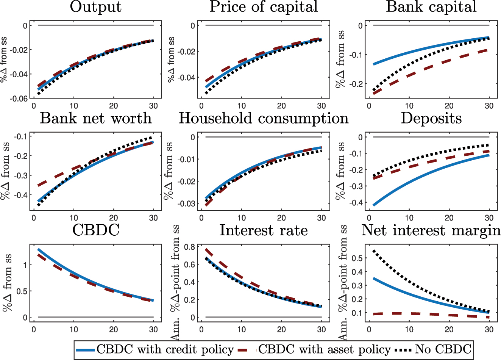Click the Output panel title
click(96, 7)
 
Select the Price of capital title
click(264, 7)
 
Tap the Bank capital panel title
click(431, 7)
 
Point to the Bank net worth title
click(96, 118)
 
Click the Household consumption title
click(264, 118)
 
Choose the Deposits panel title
click(431, 118)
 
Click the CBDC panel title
click(96, 230)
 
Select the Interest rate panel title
click(264, 230)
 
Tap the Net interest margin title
click(431, 230)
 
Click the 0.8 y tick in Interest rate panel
click(190, 247)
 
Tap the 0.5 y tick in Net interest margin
click(357, 258)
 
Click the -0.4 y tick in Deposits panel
click(357, 203)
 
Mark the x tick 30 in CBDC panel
click(154, 329)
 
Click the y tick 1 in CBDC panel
click(25, 265)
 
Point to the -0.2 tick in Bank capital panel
click(357, 84)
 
